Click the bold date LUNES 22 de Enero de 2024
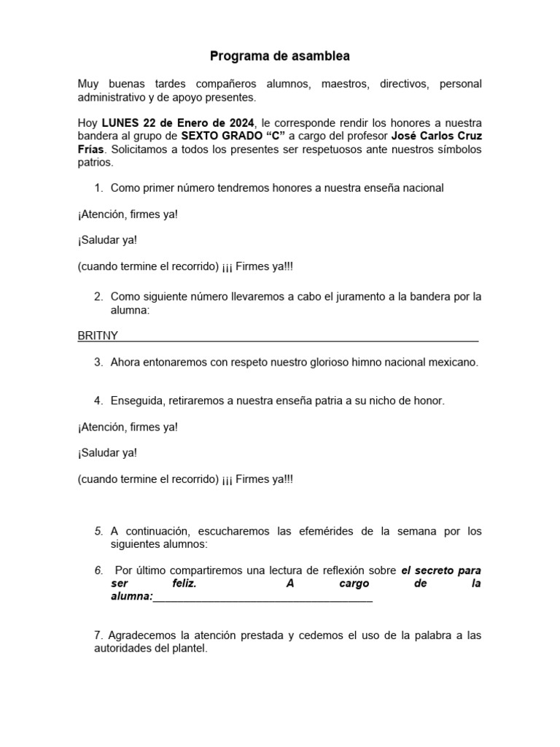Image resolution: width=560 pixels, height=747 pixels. pos(179,123)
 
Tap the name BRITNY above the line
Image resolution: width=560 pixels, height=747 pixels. pos(98,336)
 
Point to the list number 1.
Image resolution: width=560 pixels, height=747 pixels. pos(98,188)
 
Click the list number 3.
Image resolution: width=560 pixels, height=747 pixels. pos(98,363)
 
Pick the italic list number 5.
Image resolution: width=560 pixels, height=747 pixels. pos(98,532)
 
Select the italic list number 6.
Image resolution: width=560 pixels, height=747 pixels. pos(98,570)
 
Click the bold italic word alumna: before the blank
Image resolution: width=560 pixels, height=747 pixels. pos(131,597)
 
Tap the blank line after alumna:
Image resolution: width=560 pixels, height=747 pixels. pos(262,598)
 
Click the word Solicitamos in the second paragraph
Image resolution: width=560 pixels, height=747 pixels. pos(140,150)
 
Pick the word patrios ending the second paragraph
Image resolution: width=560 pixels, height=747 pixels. pos(94,163)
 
